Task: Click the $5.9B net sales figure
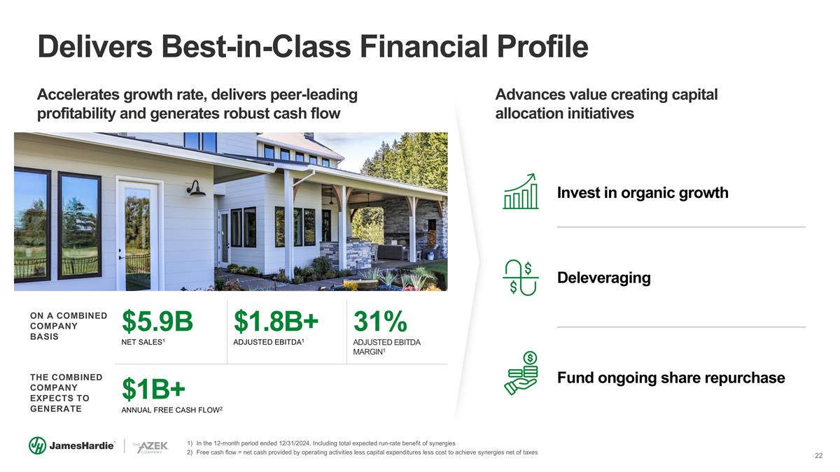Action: (x=157, y=321)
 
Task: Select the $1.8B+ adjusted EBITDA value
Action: (x=276, y=321)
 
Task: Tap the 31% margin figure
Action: (x=380, y=321)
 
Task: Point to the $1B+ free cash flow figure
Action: (x=153, y=389)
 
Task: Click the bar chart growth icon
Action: (x=521, y=191)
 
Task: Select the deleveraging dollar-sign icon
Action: (x=521, y=278)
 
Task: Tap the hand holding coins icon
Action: (x=521, y=373)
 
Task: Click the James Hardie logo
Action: (x=71, y=445)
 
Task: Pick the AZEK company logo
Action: (x=150, y=447)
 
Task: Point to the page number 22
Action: (x=818, y=455)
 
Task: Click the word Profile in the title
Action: (x=542, y=46)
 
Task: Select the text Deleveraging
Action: (x=603, y=278)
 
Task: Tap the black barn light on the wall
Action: (x=195, y=188)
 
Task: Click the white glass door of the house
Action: (x=139, y=235)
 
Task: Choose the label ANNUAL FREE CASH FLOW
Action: (x=171, y=410)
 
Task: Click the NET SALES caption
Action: (x=143, y=342)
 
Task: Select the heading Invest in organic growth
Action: (x=643, y=193)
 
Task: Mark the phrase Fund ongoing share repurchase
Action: (x=671, y=378)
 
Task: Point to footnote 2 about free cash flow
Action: (x=363, y=452)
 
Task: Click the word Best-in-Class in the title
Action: (x=256, y=46)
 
